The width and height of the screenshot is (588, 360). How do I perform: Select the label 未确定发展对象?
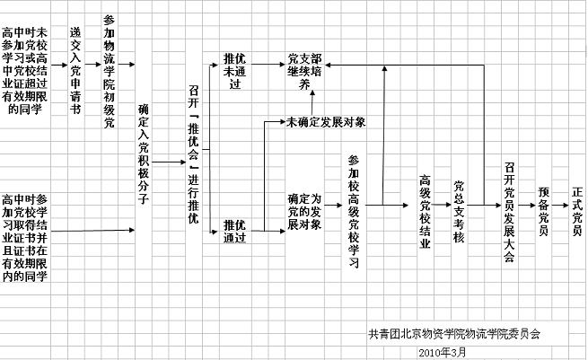click(x=325, y=121)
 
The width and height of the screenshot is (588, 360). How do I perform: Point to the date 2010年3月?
click(x=443, y=352)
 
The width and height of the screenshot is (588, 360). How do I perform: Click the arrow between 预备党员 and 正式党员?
click(x=559, y=206)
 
